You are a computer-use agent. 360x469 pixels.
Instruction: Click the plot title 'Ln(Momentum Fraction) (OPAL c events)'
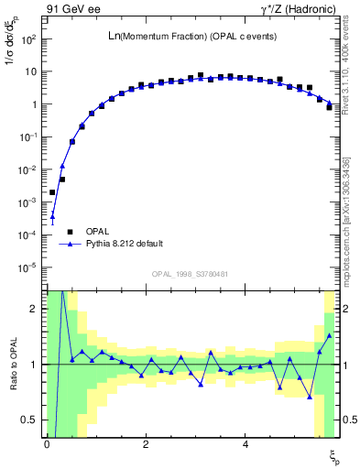(192, 36)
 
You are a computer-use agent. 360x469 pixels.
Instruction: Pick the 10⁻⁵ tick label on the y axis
(27, 267)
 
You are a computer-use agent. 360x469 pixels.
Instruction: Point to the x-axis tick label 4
(245, 443)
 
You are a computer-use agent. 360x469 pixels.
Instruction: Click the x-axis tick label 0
(47, 443)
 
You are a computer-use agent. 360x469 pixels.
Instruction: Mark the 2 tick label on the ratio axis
(35, 309)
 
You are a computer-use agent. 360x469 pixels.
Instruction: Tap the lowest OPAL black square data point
(52, 192)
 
